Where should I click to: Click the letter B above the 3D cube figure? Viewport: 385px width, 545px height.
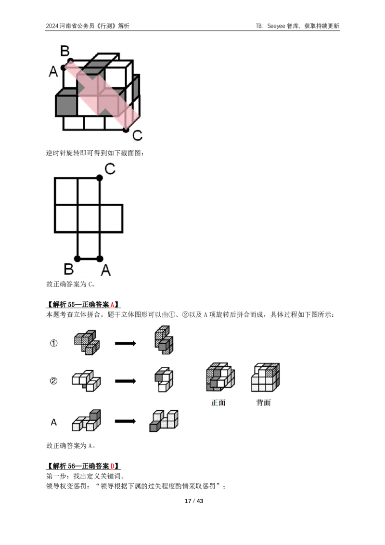65,51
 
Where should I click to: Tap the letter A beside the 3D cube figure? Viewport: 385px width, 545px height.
53,71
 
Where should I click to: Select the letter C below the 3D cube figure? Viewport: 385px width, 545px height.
138,135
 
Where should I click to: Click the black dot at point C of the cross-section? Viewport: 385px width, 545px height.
100,178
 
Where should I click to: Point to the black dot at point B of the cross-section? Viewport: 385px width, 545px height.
77,259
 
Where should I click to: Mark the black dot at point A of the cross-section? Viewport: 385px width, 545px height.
100,259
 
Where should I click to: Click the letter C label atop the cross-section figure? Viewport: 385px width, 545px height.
110,169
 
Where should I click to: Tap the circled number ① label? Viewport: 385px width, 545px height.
53,343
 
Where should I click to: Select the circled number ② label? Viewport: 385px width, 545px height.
53,381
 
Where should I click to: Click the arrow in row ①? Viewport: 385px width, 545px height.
126,343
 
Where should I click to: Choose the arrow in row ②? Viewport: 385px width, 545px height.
126,381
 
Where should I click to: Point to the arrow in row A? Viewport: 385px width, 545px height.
126,421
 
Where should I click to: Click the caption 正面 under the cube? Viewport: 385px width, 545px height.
218,402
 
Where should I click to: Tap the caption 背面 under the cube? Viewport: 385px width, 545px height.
263,402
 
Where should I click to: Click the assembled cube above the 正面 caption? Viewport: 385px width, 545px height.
220,377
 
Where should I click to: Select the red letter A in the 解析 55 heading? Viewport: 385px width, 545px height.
112,305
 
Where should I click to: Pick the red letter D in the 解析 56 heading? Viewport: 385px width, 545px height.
112,466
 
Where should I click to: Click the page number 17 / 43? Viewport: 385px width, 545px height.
194,501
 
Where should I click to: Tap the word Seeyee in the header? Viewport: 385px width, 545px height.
276,26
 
